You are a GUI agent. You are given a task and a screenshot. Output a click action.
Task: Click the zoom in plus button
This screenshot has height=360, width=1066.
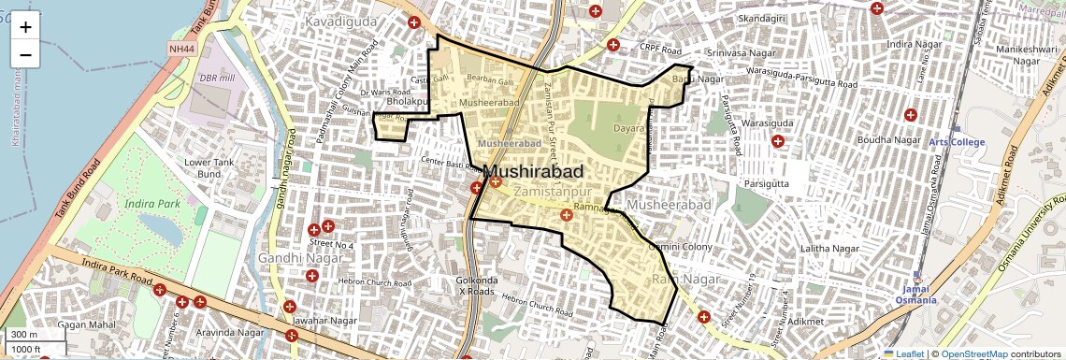tap(25, 26)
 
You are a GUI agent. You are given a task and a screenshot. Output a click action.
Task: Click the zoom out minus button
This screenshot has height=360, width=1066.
tap(25, 54)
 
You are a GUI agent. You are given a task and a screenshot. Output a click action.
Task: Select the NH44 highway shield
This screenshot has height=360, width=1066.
tap(181, 48)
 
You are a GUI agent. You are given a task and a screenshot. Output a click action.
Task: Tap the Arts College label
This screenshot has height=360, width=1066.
tap(956, 142)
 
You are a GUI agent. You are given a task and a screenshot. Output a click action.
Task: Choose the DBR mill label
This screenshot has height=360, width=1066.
tap(217, 79)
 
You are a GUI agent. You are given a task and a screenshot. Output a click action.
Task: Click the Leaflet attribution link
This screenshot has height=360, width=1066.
tap(902, 353)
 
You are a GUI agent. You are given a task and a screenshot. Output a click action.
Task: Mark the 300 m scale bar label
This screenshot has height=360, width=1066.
tap(24, 334)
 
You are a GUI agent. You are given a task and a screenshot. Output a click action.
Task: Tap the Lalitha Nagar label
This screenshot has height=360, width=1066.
tap(829, 249)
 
